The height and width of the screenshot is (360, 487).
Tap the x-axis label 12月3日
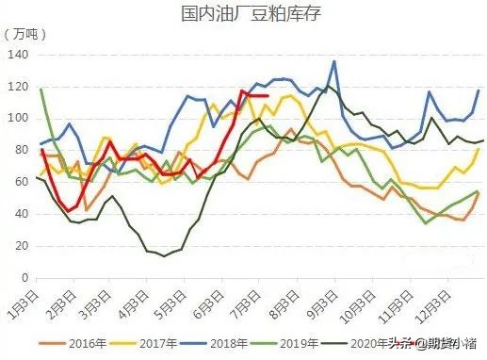tap(444, 303)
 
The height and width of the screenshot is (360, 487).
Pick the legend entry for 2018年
tap(239, 343)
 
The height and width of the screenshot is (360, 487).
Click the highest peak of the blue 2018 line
tap(333, 62)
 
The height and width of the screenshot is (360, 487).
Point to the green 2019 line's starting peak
tap(41, 90)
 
